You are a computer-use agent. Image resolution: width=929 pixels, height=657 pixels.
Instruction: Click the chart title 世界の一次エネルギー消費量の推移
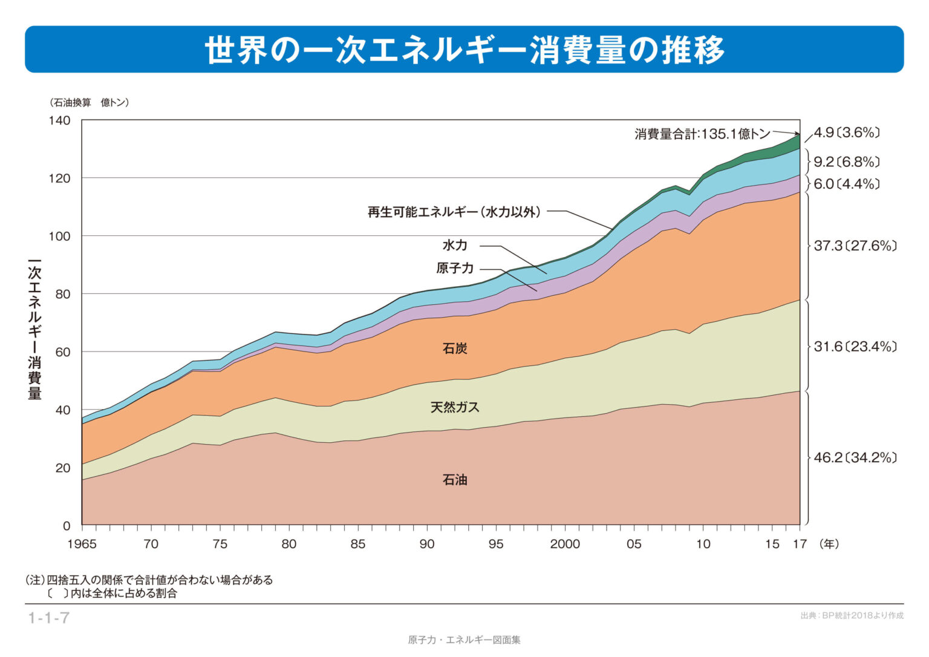click(x=464, y=50)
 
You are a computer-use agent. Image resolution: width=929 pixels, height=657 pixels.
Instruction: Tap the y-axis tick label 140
click(x=59, y=120)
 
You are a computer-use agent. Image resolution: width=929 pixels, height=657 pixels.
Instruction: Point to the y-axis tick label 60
click(x=62, y=352)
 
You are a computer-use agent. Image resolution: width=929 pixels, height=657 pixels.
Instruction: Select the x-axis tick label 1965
click(x=82, y=544)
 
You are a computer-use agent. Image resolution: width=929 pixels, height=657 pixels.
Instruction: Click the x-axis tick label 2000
click(x=564, y=544)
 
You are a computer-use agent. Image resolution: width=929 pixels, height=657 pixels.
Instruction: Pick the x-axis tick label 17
click(x=800, y=544)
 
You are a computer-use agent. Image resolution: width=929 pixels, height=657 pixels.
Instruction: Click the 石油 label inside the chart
click(x=455, y=480)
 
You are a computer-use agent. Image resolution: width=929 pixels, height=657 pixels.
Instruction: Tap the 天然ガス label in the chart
click(x=455, y=407)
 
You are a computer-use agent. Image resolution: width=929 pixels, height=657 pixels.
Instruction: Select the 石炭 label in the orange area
click(x=455, y=348)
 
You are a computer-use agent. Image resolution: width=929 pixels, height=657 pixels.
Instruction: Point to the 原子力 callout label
click(x=455, y=268)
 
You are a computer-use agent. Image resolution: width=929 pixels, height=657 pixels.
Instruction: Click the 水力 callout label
click(x=455, y=245)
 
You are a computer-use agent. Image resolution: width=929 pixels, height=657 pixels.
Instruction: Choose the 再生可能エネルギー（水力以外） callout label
click(x=454, y=212)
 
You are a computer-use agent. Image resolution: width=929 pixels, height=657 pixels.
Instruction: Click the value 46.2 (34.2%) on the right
click(x=855, y=457)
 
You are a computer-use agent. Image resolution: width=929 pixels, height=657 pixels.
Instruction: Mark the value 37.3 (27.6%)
click(x=855, y=246)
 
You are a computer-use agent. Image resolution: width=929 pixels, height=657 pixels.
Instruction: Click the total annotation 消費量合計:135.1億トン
click(x=702, y=134)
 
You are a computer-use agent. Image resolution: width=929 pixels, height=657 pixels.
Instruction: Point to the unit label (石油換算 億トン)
click(x=89, y=103)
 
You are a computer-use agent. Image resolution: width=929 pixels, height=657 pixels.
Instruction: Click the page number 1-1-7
click(x=49, y=618)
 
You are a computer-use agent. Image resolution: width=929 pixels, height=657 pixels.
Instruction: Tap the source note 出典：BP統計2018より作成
click(x=852, y=616)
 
